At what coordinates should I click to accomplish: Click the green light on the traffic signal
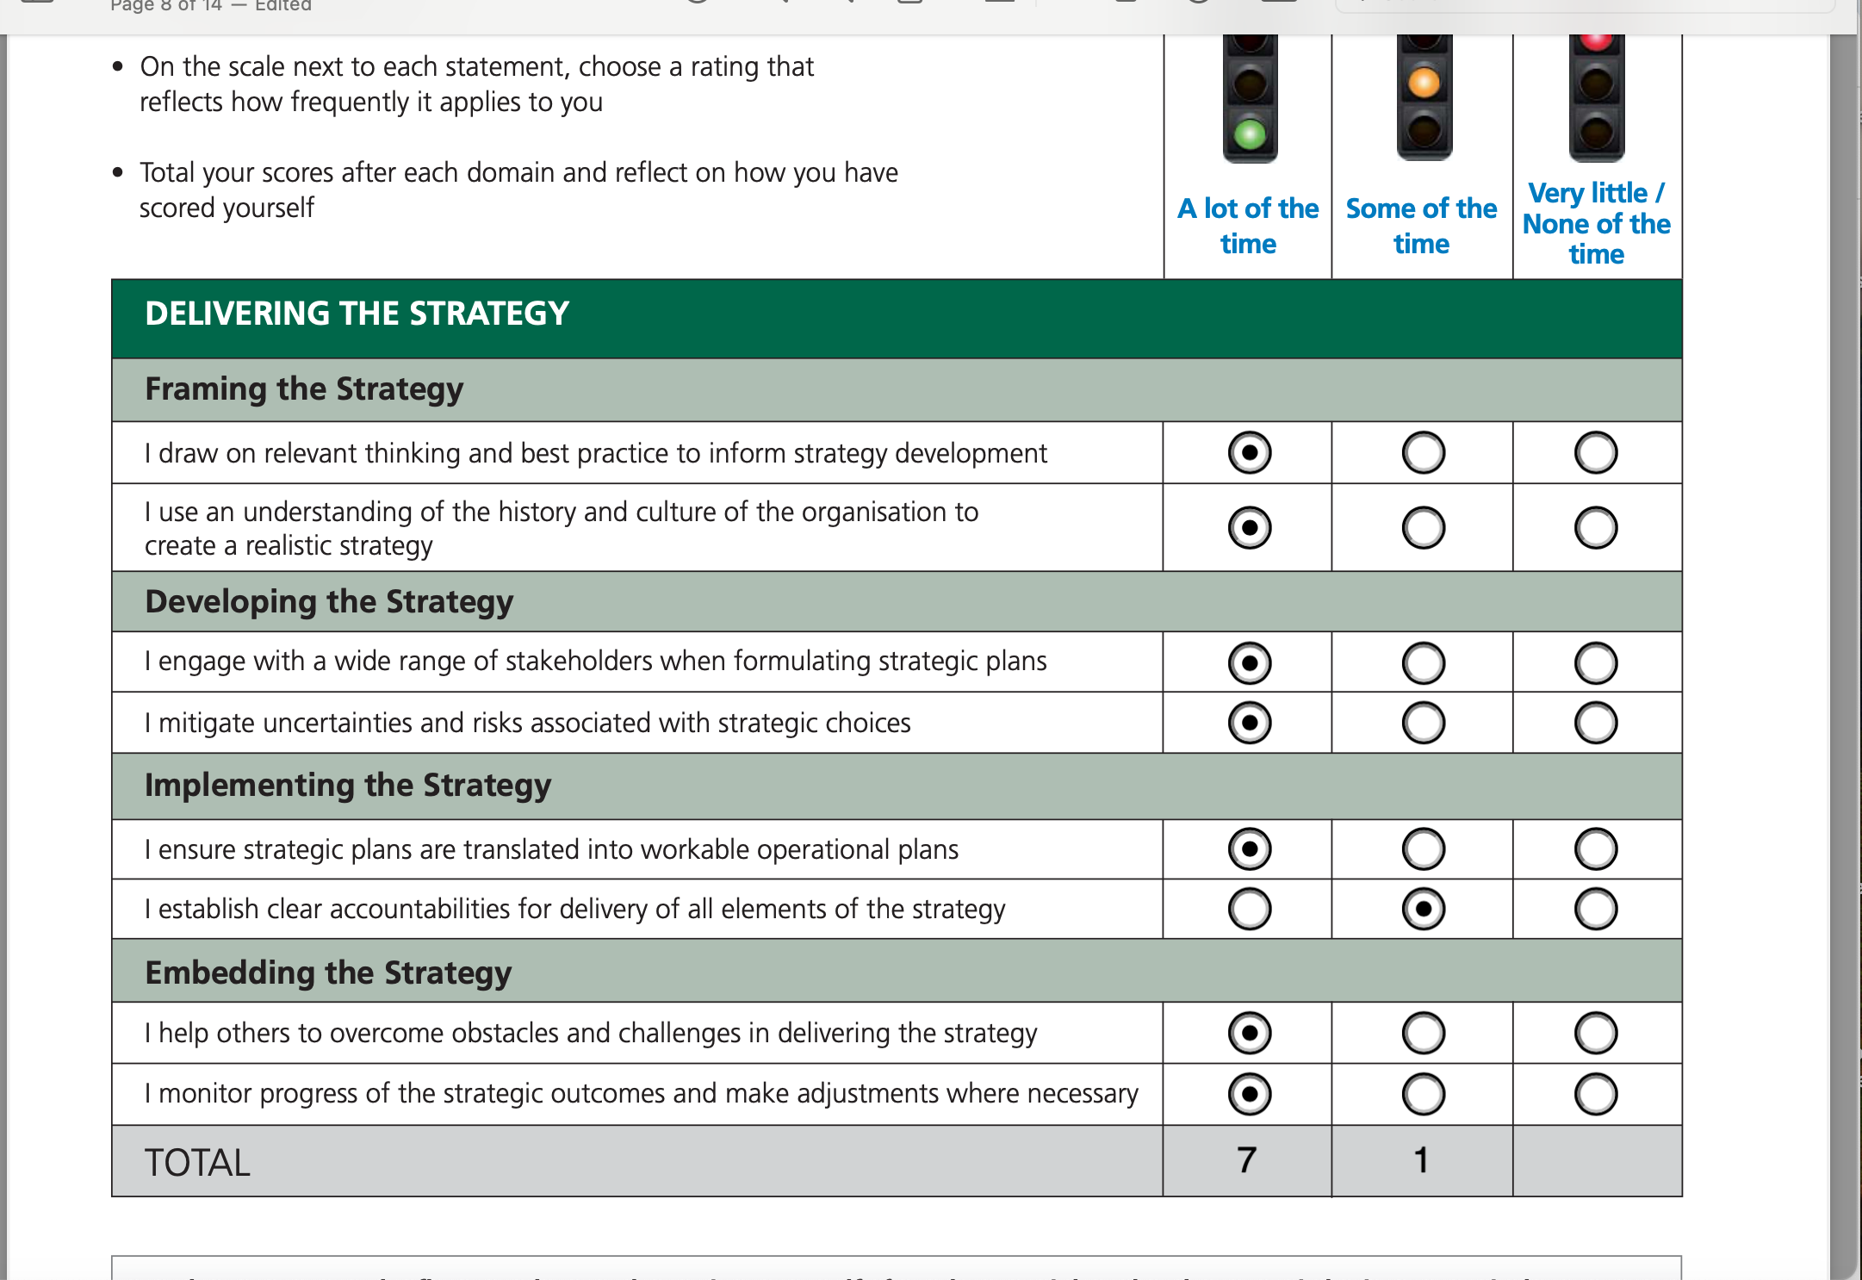click(x=1250, y=134)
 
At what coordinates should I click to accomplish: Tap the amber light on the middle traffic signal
click(x=1424, y=83)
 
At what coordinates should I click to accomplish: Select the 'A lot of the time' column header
click(x=1248, y=226)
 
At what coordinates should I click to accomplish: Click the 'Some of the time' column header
click(x=1421, y=226)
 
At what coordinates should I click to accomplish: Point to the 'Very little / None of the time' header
click(x=1596, y=223)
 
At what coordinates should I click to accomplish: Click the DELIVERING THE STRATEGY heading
click(x=357, y=314)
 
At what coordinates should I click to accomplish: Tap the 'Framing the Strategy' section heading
click(x=304, y=389)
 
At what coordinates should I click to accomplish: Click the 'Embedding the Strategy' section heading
click(x=328, y=972)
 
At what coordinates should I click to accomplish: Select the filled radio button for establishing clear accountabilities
click(x=1423, y=909)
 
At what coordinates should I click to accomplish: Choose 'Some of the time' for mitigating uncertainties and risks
click(x=1423, y=723)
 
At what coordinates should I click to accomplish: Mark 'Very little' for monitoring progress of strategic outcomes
click(x=1595, y=1094)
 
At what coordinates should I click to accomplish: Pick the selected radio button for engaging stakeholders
click(x=1250, y=663)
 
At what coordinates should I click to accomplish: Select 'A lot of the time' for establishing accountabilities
click(x=1250, y=909)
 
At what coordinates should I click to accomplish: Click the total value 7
click(x=1246, y=1160)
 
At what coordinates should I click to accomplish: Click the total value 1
click(x=1421, y=1160)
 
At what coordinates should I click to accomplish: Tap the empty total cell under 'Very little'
click(x=1596, y=1160)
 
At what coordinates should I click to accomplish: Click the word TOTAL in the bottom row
click(x=197, y=1163)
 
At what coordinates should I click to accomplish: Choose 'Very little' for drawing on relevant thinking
click(x=1595, y=453)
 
